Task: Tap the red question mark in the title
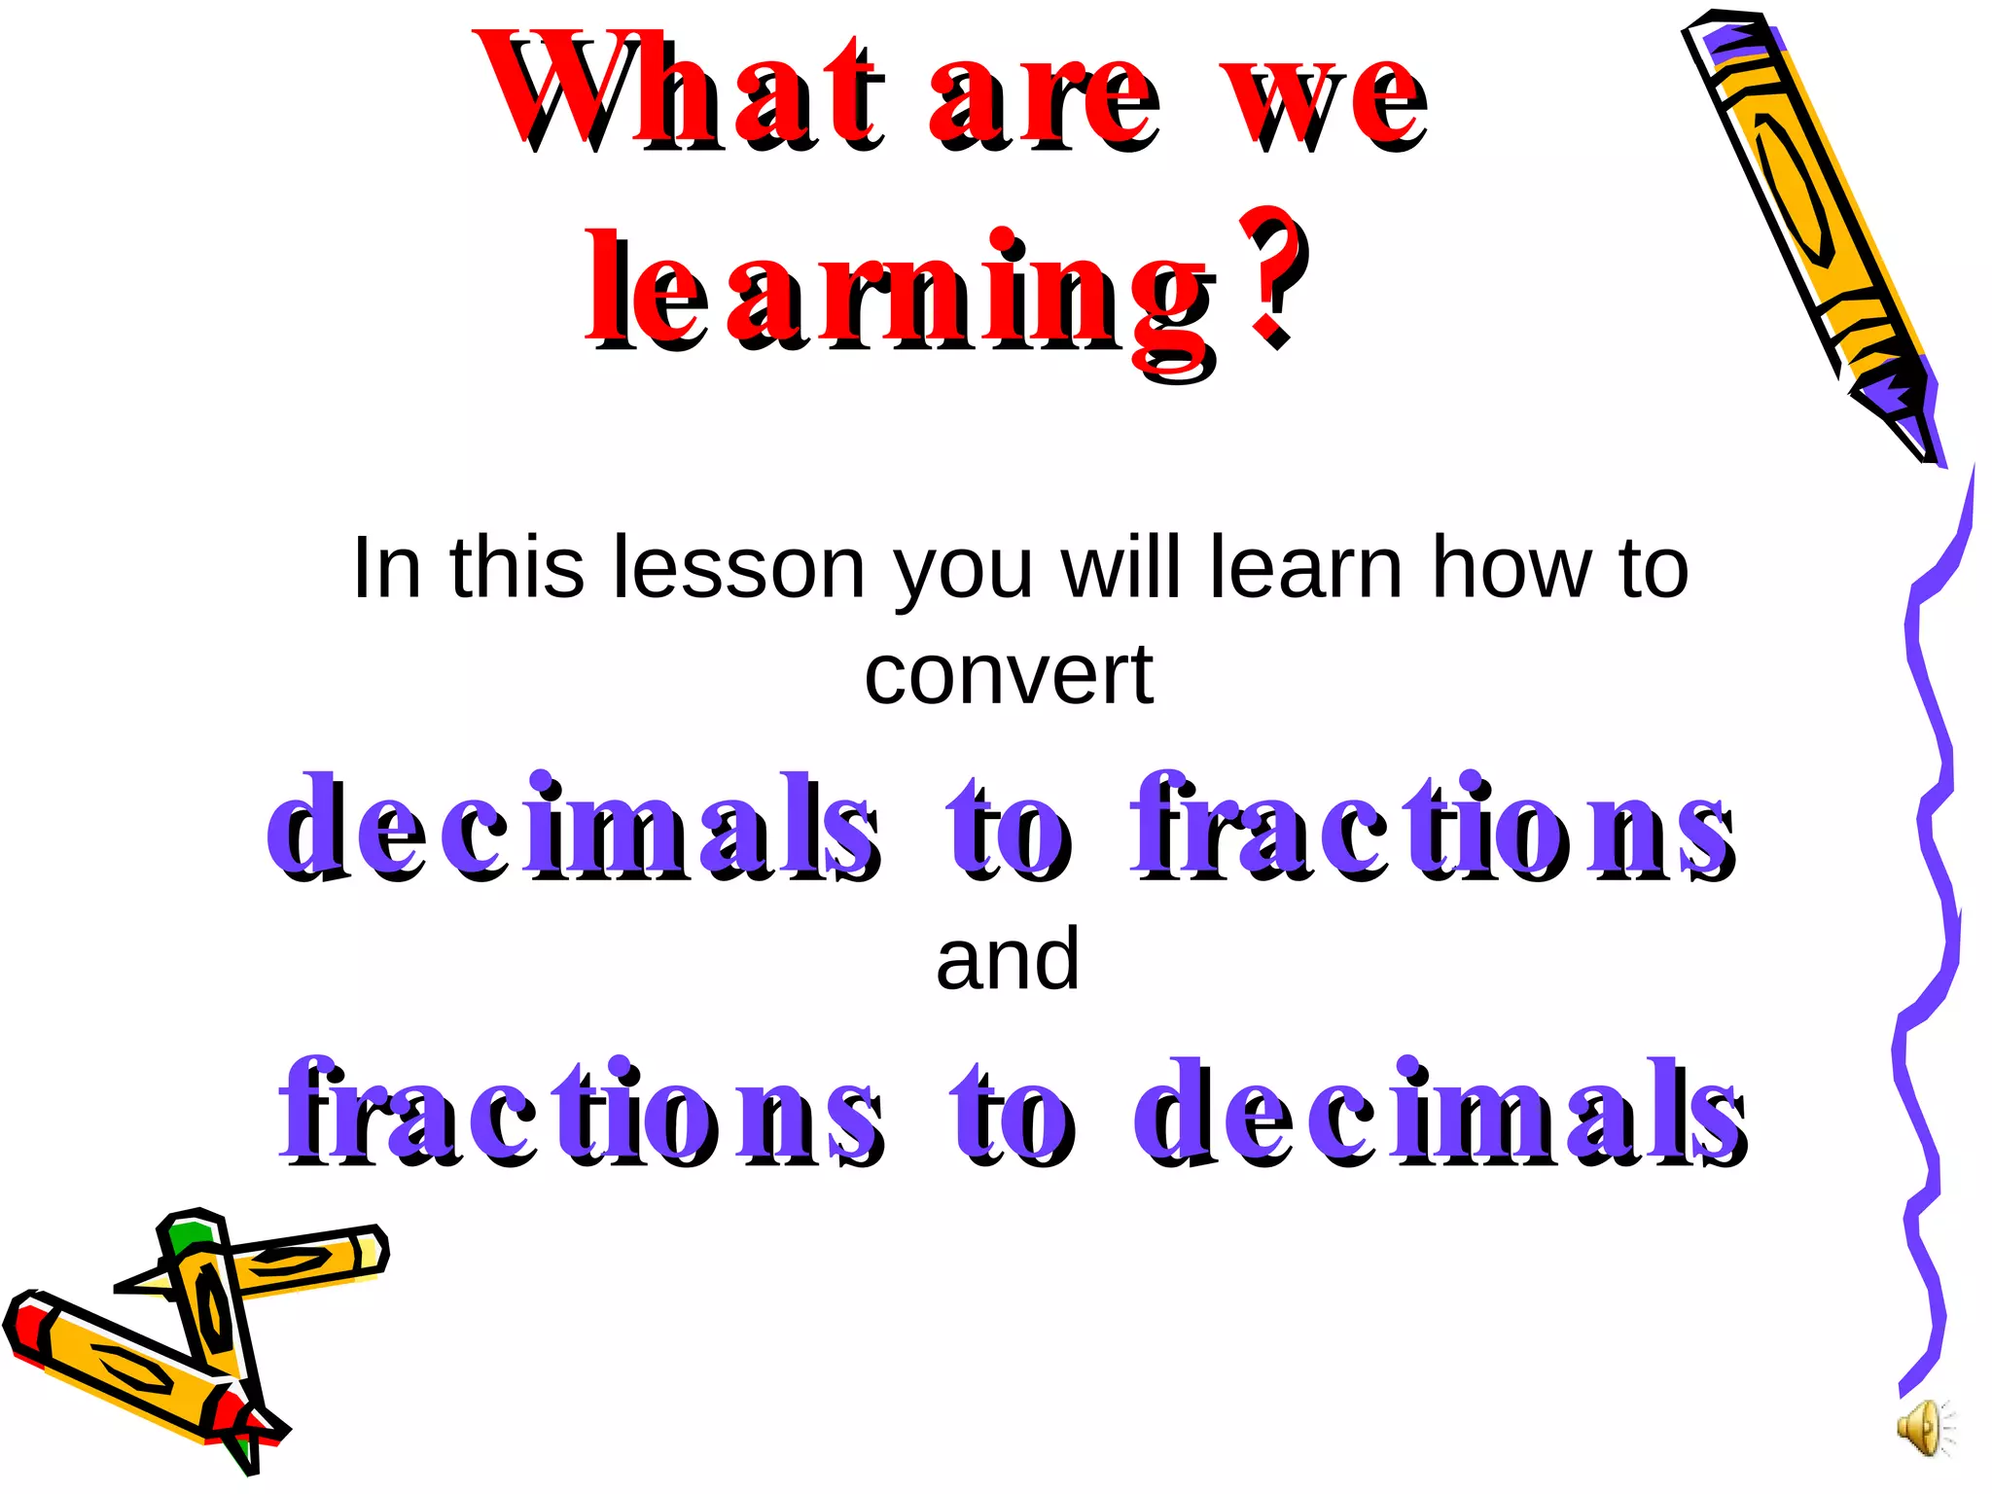click(1274, 277)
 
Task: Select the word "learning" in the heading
click(900, 292)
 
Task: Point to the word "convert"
click(1009, 675)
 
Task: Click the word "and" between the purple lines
click(1008, 960)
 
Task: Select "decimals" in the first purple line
click(574, 827)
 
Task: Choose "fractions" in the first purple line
click(1430, 827)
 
